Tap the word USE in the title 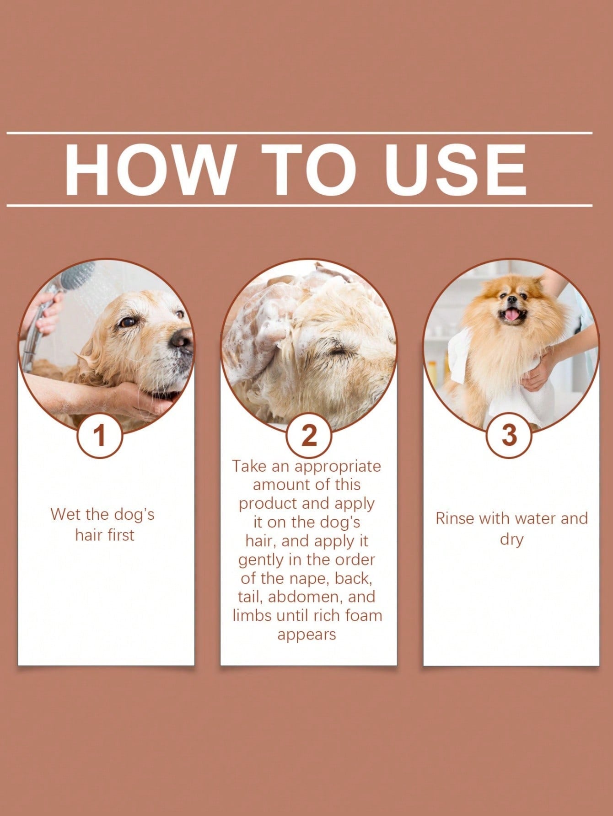click(x=455, y=170)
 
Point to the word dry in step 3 click(x=511, y=539)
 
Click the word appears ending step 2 click(x=306, y=635)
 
